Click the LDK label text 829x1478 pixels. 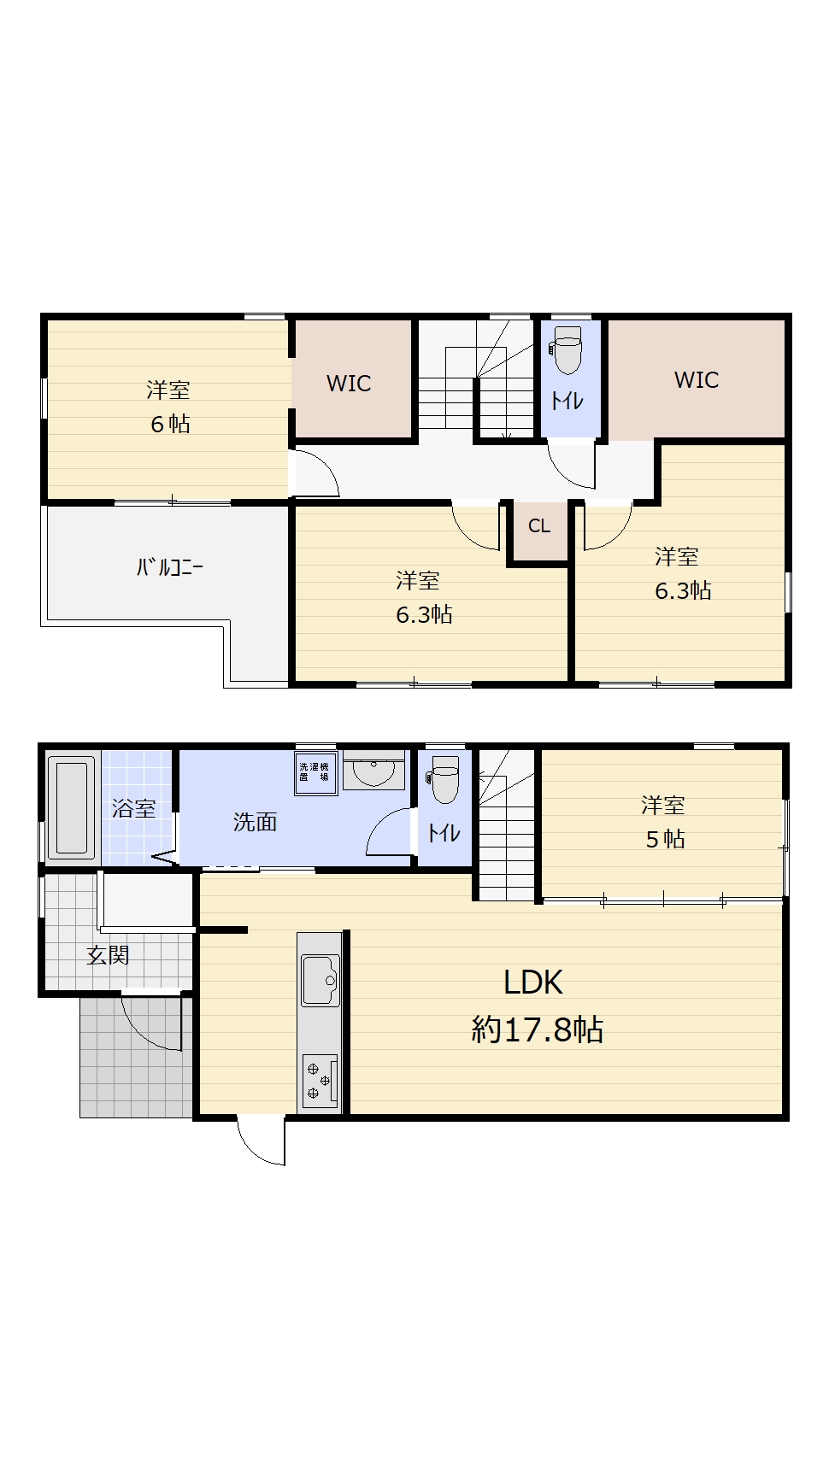point(533,982)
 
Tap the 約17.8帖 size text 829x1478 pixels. point(538,1029)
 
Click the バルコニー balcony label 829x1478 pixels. point(170,567)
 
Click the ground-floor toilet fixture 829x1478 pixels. point(444,779)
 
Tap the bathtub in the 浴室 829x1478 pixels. point(71,806)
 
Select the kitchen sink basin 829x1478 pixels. point(320,981)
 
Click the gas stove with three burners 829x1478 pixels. point(320,1080)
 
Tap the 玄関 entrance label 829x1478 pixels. point(108,956)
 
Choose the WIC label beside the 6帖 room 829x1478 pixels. point(349,384)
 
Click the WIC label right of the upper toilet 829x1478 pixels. point(697,380)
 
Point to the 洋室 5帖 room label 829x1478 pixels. point(664,822)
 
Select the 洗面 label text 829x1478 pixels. point(255,822)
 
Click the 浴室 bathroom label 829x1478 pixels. point(133,808)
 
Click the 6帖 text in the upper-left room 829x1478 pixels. point(170,424)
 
